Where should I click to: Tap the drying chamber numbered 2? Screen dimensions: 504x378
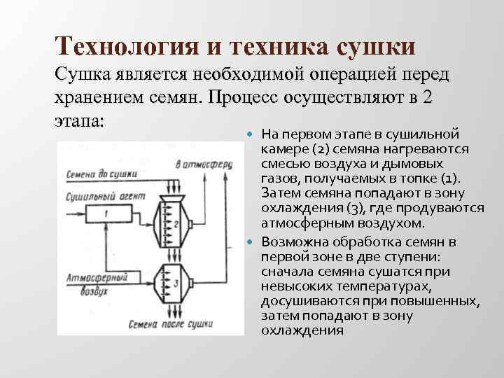(x=170, y=224)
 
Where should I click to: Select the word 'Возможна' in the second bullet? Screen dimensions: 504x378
(x=290, y=242)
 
